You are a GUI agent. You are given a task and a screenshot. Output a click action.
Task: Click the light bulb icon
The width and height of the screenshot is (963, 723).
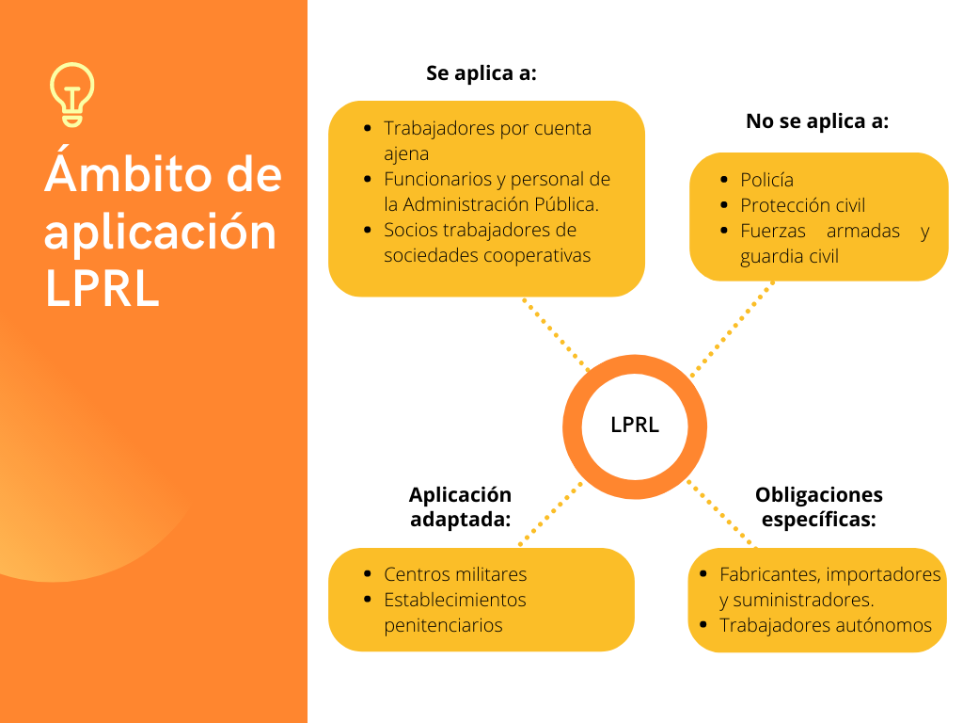[72, 95]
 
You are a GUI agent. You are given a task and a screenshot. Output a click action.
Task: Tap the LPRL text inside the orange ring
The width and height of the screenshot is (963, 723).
[635, 425]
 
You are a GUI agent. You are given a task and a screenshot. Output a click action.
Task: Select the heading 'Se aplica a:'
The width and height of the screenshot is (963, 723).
[481, 73]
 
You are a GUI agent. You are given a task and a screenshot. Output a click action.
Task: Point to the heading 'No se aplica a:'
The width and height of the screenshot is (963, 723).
[817, 121]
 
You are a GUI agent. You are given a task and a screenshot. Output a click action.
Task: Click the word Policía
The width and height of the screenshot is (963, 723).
[766, 180]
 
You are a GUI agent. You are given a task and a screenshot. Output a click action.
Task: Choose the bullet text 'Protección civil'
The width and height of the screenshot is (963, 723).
[802, 205]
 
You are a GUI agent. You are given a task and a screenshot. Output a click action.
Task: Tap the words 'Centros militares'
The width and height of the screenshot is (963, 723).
[455, 574]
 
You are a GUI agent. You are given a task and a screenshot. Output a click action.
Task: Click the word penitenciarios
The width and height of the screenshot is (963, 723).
[443, 625]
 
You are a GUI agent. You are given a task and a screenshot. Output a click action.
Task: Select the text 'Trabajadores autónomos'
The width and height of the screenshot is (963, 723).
[826, 625]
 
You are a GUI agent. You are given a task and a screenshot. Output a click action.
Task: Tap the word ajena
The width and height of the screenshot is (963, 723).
[406, 153]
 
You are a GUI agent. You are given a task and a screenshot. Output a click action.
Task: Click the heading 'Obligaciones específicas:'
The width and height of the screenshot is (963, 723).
[819, 506]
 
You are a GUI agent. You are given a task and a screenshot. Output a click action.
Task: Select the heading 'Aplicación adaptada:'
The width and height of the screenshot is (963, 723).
[461, 506]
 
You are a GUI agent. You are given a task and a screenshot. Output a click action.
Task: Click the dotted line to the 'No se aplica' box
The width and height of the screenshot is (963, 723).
[732, 329]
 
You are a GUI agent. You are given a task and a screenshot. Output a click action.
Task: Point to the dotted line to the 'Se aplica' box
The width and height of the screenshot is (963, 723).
[556, 334]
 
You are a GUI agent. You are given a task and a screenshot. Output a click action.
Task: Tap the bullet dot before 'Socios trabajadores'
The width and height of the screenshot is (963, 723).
[368, 230]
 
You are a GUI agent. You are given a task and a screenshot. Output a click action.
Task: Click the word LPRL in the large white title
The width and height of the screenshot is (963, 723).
[102, 288]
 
